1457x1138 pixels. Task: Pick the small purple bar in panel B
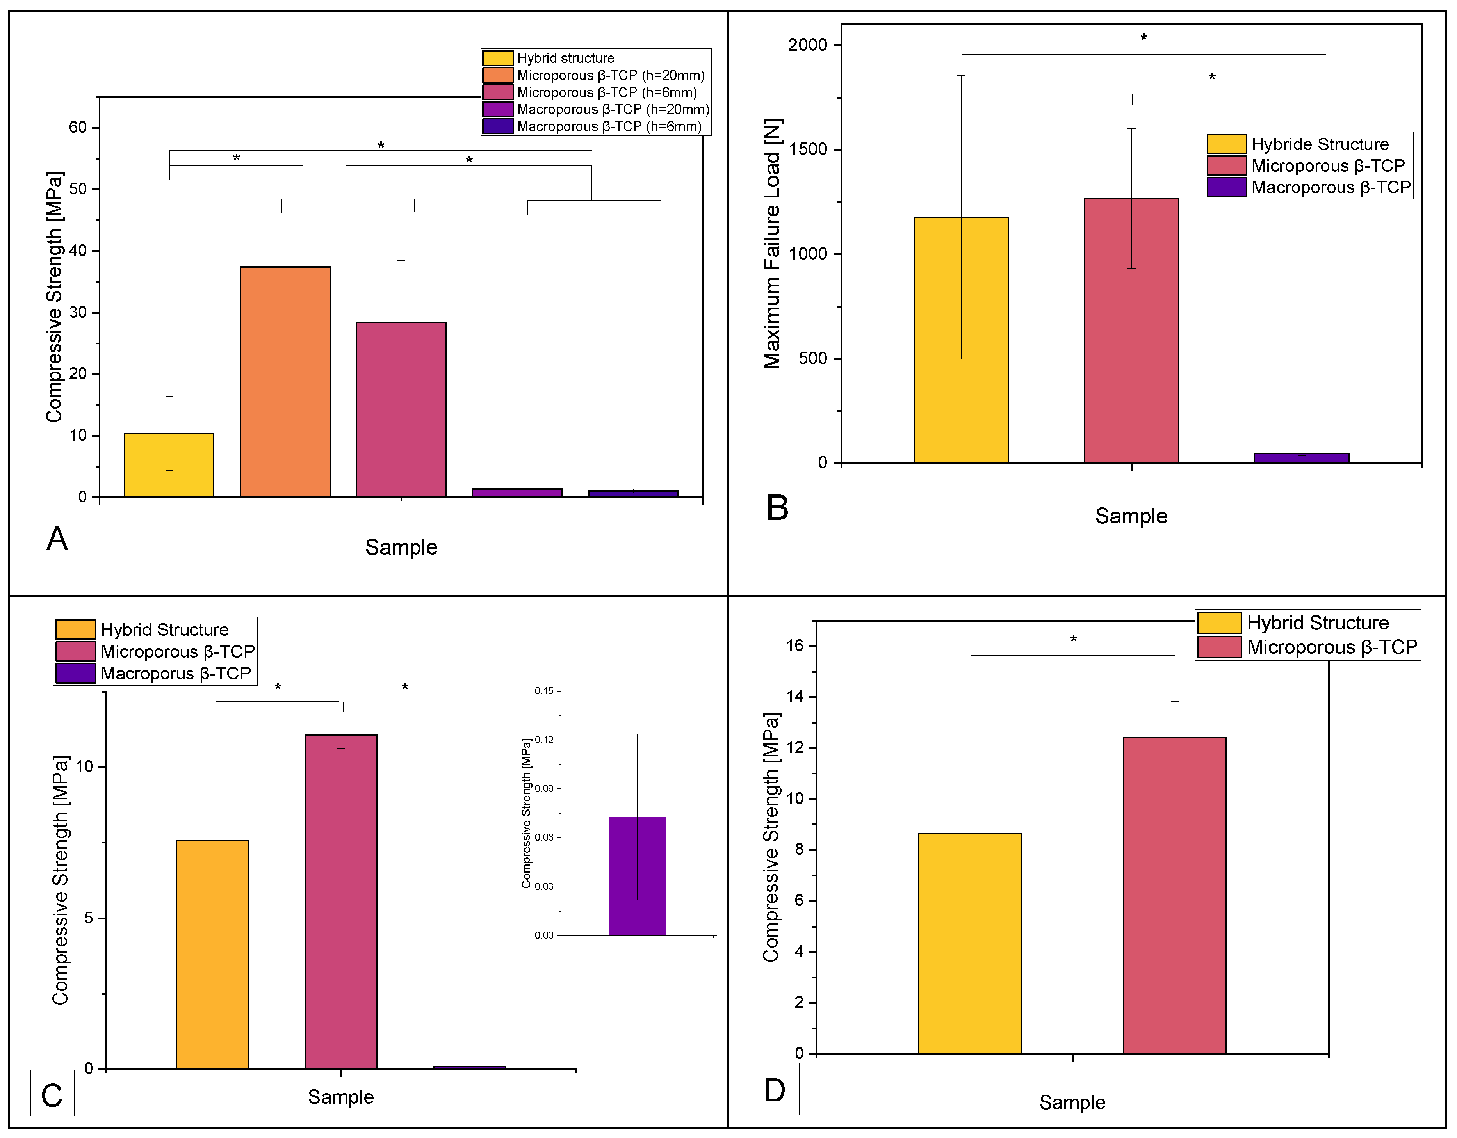click(x=1301, y=458)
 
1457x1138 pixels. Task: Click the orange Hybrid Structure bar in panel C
click(x=212, y=954)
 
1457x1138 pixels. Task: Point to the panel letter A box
click(x=57, y=538)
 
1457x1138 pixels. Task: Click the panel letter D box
click(x=775, y=1089)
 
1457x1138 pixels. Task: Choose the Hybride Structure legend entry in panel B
click(x=1319, y=144)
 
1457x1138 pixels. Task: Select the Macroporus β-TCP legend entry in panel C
click(x=175, y=673)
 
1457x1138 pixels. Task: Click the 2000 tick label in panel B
click(x=807, y=45)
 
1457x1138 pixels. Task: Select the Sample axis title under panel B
click(x=1131, y=516)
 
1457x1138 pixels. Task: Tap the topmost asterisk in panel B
click(x=1144, y=38)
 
